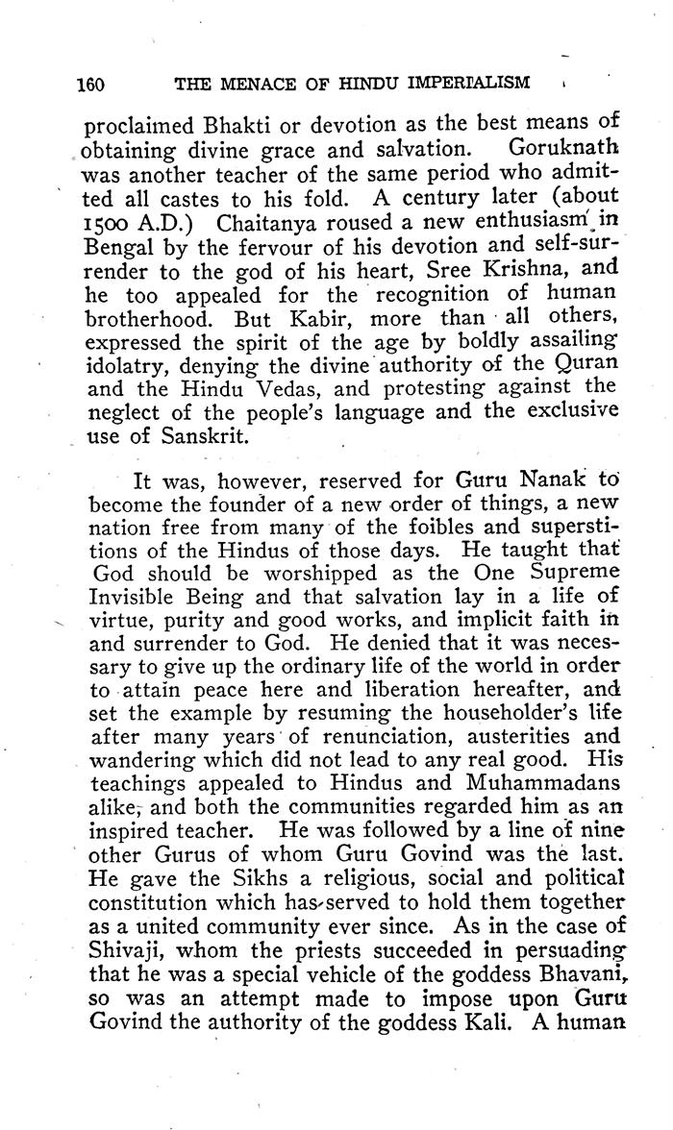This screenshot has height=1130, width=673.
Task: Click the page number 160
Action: [x=90, y=84]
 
